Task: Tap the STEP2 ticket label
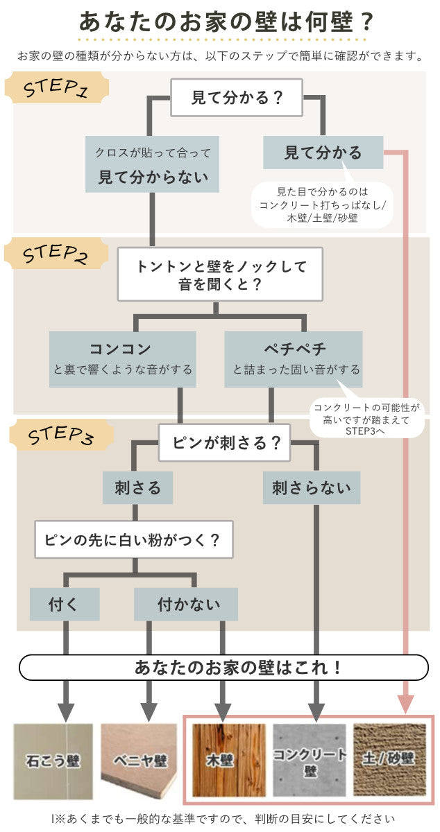coord(56,255)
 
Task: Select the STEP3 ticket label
coord(62,436)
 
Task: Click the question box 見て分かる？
coord(237,98)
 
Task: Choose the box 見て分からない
coord(153,165)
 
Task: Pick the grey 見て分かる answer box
coord(323,153)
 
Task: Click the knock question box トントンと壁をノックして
coord(221,275)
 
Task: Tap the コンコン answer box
coord(122,358)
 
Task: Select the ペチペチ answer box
coord(294,358)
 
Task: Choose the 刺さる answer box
coord(137,488)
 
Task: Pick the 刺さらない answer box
coord(312,488)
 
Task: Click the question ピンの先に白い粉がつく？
coord(134,540)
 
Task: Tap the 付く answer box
coord(65,604)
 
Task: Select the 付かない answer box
coord(185,604)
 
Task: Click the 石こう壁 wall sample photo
coord(53,761)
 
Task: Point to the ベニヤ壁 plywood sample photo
coord(140,761)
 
